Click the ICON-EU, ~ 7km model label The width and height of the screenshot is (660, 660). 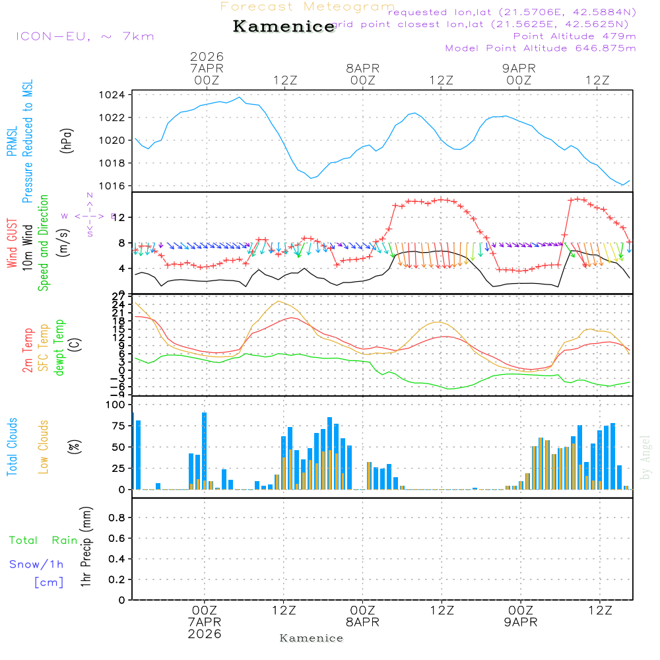click(84, 36)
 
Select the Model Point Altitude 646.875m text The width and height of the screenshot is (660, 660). click(541, 48)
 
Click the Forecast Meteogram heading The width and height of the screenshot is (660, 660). click(308, 7)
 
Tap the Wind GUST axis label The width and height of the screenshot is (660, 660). click(12, 244)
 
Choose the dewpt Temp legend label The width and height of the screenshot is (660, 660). click(59, 348)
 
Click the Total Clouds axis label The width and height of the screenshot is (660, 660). click(12, 447)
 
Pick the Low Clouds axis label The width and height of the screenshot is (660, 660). click(44, 447)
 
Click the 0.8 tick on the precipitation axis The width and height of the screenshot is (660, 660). click(117, 518)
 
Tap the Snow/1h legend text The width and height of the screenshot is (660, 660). click(36, 564)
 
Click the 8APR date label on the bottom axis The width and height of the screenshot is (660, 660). click(362, 622)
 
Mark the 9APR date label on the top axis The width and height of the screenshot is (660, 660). click(519, 68)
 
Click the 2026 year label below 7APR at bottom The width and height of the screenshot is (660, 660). click(205, 634)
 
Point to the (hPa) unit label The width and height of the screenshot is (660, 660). click(66, 141)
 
